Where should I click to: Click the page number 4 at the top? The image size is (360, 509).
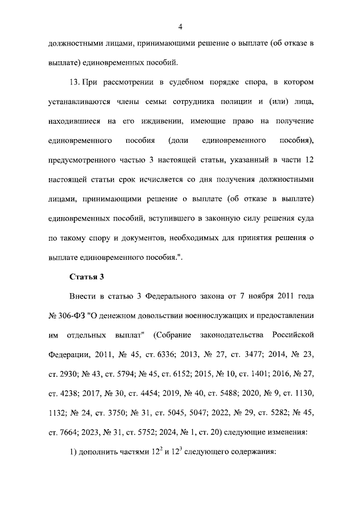[x=180, y=25]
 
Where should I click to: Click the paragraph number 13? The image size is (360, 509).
[x=74, y=82]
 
